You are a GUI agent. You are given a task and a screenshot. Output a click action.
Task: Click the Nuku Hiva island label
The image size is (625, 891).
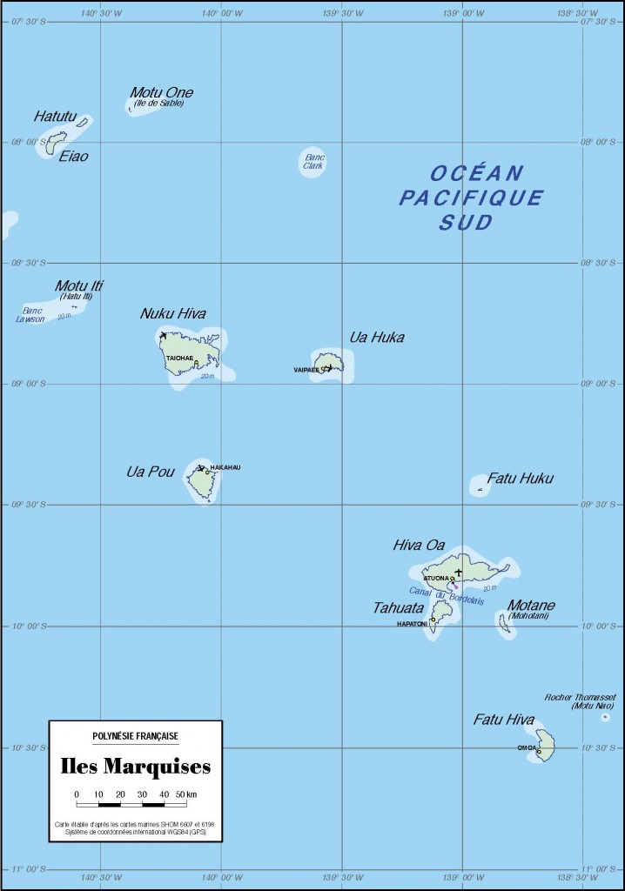pyautogui.click(x=173, y=314)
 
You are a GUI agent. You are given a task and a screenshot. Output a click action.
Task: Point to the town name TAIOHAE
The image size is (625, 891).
pyautogui.click(x=179, y=358)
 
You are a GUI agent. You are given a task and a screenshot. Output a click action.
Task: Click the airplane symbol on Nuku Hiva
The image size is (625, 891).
pyautogui.click(x=163, y=335)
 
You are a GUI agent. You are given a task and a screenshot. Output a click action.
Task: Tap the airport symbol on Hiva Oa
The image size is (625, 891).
pyautogui.click(x=459, y=572)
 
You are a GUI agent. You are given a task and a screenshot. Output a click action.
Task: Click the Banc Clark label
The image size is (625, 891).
pyautogui.click(x=313, y=161)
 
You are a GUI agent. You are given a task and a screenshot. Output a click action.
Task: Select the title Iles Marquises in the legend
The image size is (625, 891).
pyautogui.click(x=135, y=767)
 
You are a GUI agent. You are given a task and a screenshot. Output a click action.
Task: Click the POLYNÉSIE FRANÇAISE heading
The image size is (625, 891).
pyautogui.click(x=135, y=736)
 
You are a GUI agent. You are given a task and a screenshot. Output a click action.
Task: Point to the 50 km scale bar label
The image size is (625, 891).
pyautogui.click(x=185, y=794)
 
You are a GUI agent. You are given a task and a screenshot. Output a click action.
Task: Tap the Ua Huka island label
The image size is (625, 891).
pyautogui.click(x=377, y=338)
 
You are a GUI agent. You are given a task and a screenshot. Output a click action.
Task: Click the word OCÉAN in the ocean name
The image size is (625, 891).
pyautogui.click(x=477, y=173)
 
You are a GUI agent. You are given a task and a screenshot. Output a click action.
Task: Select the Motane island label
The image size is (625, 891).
pyautogui.click(x=532, y=606)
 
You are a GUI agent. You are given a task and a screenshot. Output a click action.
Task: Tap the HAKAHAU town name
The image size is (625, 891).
pyautogui.click(x=225, y=468)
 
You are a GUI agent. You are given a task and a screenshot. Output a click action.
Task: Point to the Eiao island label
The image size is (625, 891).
pyautogui.click(x=73, y=157)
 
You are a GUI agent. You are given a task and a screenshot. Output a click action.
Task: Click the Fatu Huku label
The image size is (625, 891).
pyautogui.click(x=520, y=479)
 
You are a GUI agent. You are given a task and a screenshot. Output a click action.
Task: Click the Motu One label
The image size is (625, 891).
pyautogui.click(x=161, y=93)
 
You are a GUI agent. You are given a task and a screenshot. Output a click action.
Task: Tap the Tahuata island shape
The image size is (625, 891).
pyautogui.click(x=440, y=613)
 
